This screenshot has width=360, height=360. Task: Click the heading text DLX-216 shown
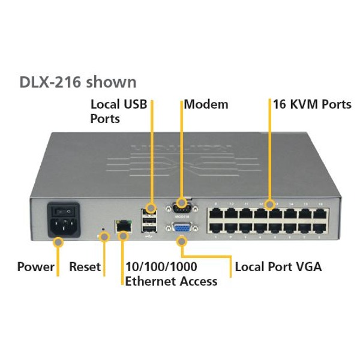[78, 82]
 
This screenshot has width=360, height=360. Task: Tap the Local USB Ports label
[118, 111]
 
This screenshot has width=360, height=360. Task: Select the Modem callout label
[206, 104]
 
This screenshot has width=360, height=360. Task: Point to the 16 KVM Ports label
[312, 104]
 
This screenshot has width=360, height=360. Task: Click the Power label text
[36, 266]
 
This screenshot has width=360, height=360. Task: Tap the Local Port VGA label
[278, 266]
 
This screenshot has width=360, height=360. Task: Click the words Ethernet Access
[171, 281]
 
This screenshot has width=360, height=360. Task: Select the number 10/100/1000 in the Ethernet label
[161, 266]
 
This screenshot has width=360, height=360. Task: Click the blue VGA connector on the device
[181, 229]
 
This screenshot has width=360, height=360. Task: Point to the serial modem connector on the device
[181, 208]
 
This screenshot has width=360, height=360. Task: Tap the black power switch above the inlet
[64, 211]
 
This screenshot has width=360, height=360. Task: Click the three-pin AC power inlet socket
[63, 227]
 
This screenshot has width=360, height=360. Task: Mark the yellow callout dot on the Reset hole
[104, 237]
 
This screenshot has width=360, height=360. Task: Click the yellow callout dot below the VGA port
[182, 242]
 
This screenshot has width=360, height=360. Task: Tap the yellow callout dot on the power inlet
[58, 242]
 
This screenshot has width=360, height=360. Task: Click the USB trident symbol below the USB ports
[149, 236]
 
